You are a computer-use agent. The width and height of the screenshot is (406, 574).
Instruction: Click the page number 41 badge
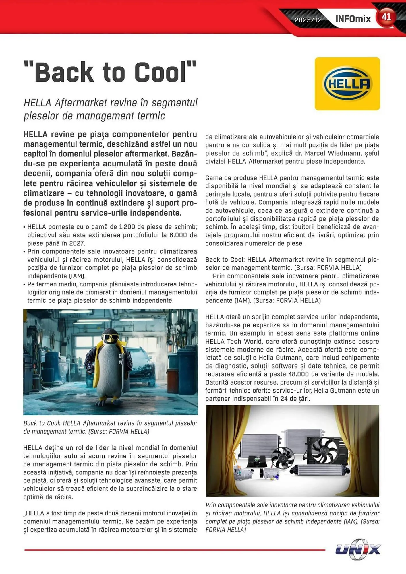386,17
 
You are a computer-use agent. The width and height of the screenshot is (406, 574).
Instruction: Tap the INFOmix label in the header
353,19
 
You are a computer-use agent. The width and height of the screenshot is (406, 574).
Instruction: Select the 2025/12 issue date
308,20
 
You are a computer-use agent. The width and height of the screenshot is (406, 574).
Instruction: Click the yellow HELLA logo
347,84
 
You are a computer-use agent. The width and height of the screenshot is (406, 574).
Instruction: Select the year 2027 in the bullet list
77,243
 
